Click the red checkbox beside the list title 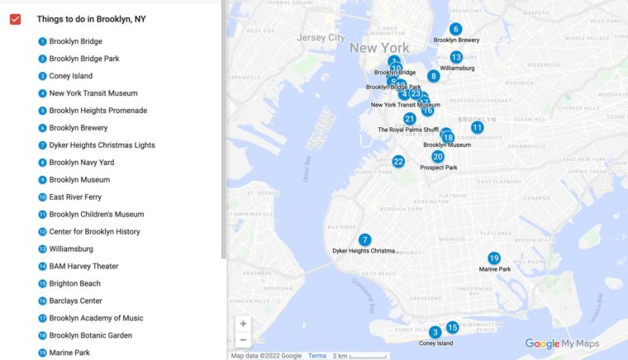coord(15,19)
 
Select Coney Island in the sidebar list coord(70,76)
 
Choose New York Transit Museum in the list coord(93,93)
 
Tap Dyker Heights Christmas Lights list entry coord(102,145)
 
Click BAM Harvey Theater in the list coord(83,266)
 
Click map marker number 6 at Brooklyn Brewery coord(455,29)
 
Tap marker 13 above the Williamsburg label coord(456,57)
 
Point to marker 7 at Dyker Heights coord(364,239)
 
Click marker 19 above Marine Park coord(494,258)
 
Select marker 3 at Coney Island coord(435,332)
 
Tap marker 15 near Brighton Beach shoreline coord(452,327)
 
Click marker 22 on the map coord(398,161)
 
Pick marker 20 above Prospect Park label coord(438,156)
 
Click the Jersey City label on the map coord(321,37)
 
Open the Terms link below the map coord(317,355)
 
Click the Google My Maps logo coord(562,343)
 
